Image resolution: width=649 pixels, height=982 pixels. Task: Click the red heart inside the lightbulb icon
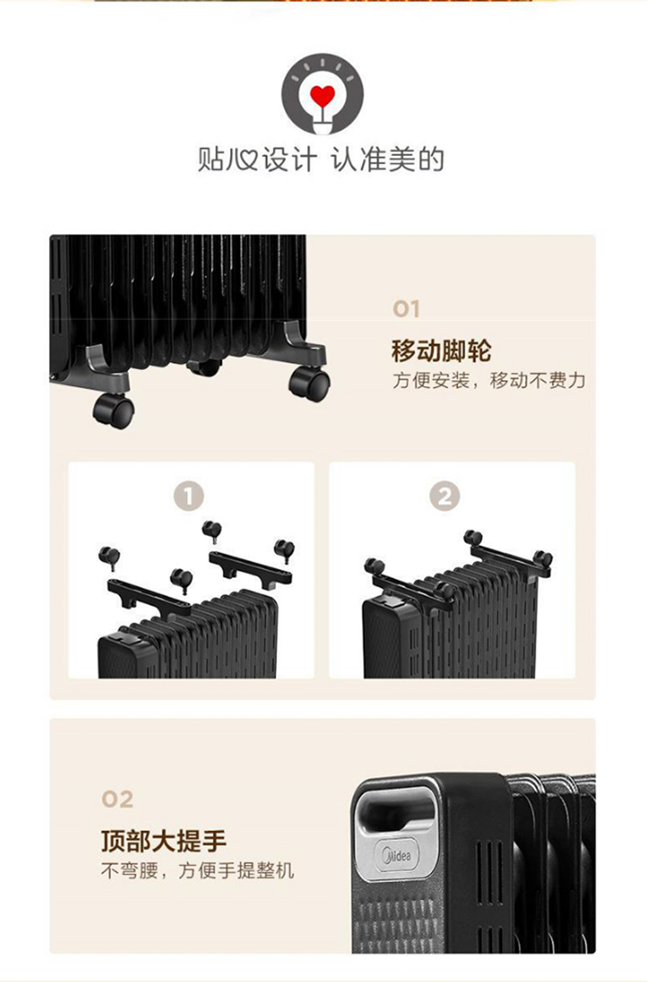(323, 96)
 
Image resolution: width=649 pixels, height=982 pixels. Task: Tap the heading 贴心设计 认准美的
(320, 160)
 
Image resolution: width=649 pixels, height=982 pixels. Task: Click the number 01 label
(407, 309)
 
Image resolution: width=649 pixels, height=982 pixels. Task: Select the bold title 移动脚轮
(441, 351)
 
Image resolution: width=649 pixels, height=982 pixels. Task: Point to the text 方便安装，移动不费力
(490, 380)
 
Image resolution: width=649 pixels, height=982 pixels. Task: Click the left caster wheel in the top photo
(113, 411)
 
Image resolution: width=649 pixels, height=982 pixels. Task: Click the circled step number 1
(189, 497)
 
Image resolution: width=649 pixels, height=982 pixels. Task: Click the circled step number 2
(444, 497)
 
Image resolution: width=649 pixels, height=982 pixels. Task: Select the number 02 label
(117, 799)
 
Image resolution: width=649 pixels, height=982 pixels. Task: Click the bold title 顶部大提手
(163, 841)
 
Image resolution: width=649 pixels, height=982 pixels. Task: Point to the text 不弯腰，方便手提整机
(197, 870)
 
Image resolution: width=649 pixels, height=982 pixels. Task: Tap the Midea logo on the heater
(397, 854)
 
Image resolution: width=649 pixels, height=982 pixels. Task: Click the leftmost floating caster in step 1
(109, 557)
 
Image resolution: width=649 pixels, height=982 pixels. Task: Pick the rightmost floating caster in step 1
(284, 550)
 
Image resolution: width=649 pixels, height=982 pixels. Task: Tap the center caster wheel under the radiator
(205, 368)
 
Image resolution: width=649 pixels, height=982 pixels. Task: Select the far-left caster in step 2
(374, 567)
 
